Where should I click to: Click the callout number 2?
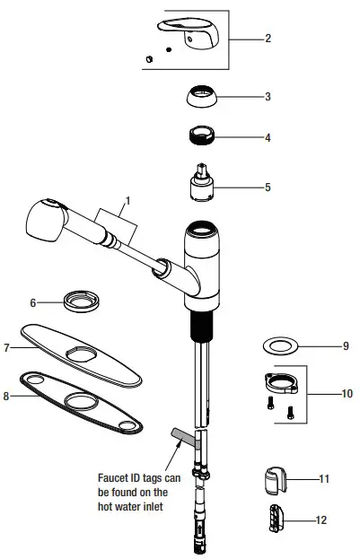(x=267, y=39)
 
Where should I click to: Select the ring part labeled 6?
(x=81, y=301)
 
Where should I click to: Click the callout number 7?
(x=7, y=346)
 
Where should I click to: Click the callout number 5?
(x=267, y=188)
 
